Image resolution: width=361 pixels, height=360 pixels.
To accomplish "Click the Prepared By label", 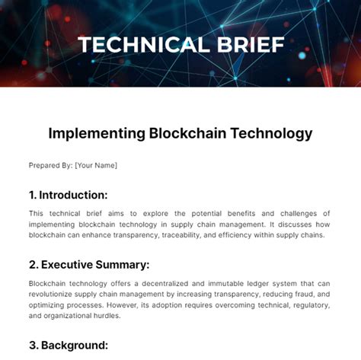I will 50,165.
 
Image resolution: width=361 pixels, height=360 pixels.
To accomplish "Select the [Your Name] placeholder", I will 96,165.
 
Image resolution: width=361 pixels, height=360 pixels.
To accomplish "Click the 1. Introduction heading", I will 68,195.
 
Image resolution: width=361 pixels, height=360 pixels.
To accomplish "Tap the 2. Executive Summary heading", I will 89,265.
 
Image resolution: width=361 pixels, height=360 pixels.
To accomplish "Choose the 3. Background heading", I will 69,345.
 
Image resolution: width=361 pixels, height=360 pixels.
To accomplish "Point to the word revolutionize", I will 54,295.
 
